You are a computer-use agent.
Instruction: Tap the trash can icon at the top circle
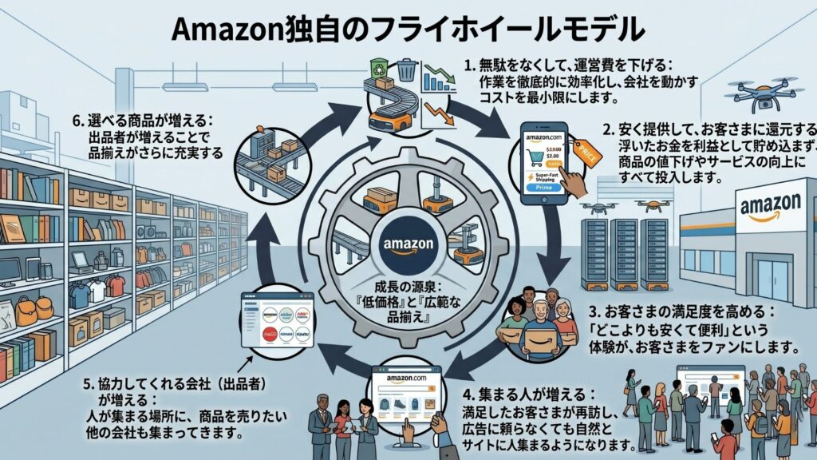pyautogui.click(x=407, y=69)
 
